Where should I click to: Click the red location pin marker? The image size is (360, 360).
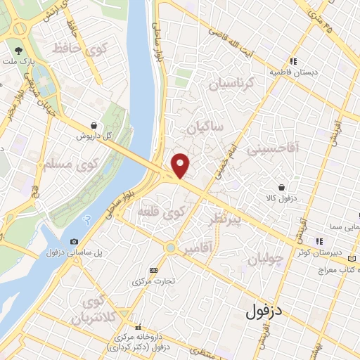click(181, 165)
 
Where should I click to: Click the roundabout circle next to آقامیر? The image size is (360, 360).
click(170, 247)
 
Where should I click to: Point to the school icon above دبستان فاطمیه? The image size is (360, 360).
click(293, 61)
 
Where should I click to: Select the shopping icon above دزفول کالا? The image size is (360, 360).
click(282, 188)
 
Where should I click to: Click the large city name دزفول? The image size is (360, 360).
click(268, 311)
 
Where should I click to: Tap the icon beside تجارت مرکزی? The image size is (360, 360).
click(154, 270)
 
